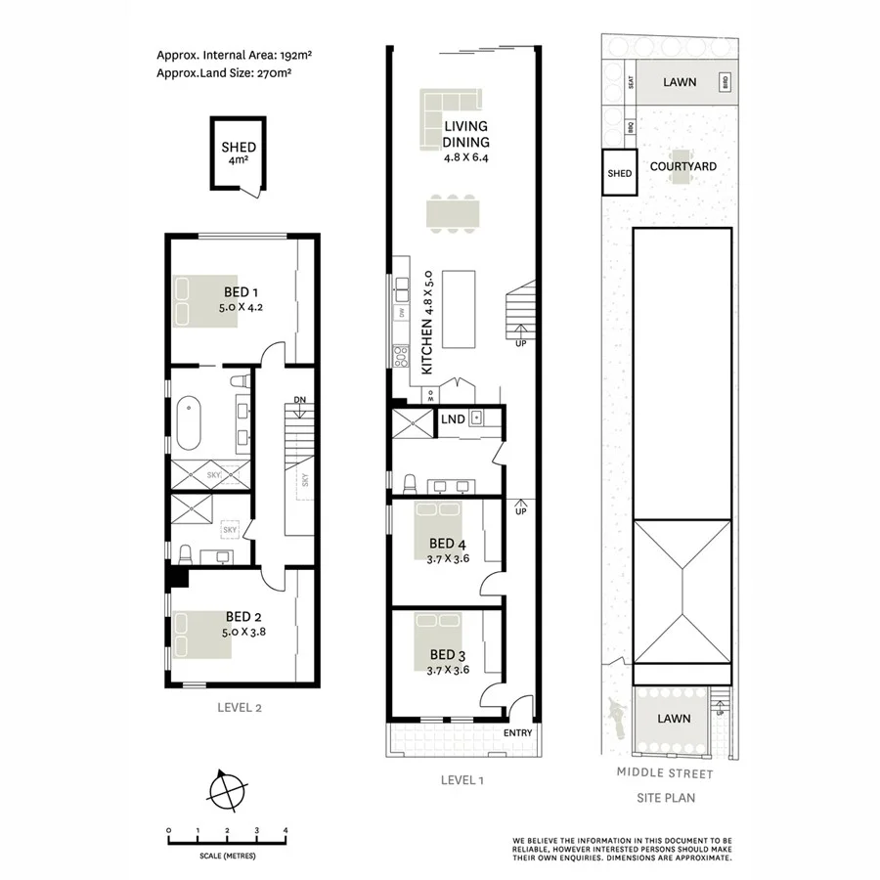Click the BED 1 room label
click(241, 291)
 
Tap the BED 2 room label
click(242, 616)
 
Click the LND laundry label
click(452, 419)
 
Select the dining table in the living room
click(455, 212)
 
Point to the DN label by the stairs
click(300, 400)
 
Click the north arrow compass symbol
click(228, 788)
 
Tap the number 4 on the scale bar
click(286, 831)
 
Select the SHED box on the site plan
click(620, 172)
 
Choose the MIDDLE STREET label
click(665, 773)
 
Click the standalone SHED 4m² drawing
click(238, 154)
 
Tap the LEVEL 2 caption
click(239, 707)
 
